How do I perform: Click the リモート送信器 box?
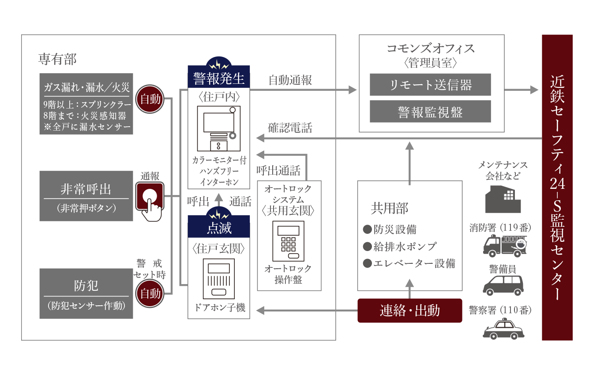pyautogui.click(x=430, y=85)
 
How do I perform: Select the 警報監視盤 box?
pyautogui.click(x=430, y=112)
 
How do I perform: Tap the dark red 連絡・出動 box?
pyautogui.click(x=409, y=311)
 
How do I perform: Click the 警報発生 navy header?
pyautogui.click(x=219, y=79)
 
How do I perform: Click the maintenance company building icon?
pyautogui.click(x=503, y=199)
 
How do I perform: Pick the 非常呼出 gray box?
pyautogui.click(x=86, y=196)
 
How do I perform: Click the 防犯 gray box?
pyautogui.click(x=86, y=293)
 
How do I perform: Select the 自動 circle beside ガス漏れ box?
pyautogui.click(x=150, y=99)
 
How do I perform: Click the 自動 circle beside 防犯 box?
pyautogui.click(x=150, y=293)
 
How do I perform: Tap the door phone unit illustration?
pyautogui.click(x=219, y=278)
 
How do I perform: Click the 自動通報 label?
pyautogui.click(x=290, y=80)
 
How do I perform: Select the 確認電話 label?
pyautogui.click(x=290, y=128)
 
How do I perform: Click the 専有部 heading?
pyautogui.click(x=57, y=59)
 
